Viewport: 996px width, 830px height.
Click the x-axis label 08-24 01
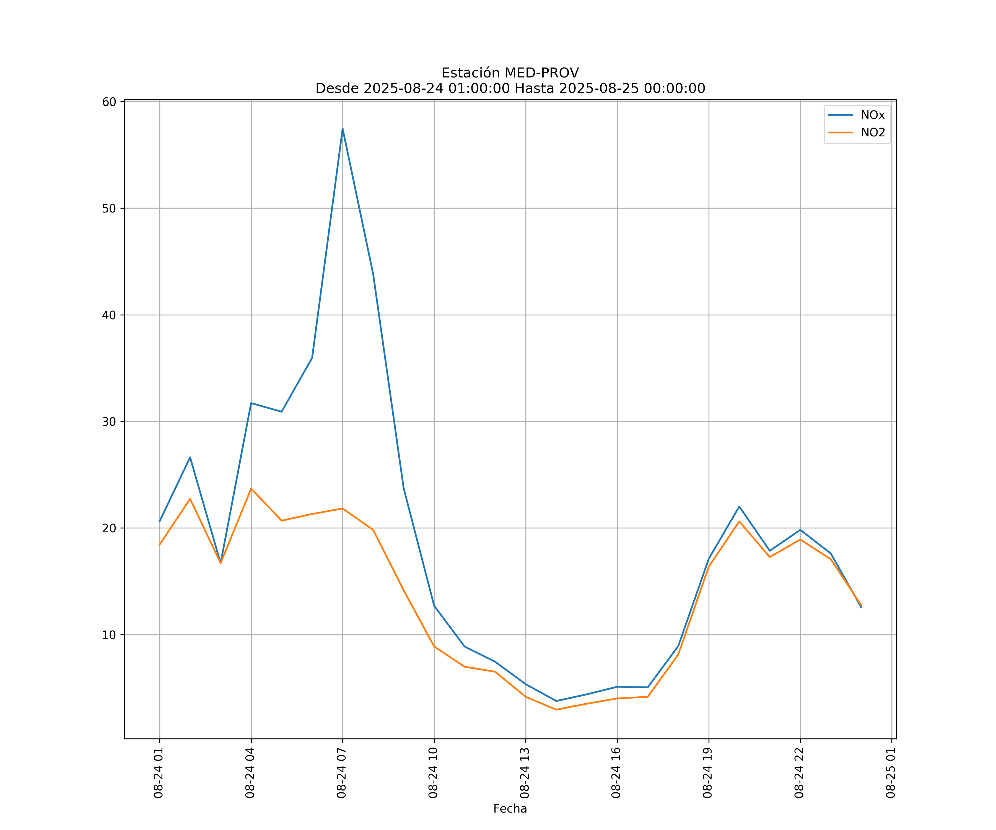pyautogui.click(x=159, y=773)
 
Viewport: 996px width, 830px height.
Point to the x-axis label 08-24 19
pyautogui.click(x=708, y=773)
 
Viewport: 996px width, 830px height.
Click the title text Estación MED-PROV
pyautogui.click(x=510, y=73)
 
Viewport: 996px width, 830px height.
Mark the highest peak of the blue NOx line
pyautogui.click(x=343, y=129)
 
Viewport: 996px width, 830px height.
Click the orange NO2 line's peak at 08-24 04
pyautogui.click(x=251, y=489)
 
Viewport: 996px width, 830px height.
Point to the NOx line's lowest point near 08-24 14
pyautogui.click(x=556, y=701)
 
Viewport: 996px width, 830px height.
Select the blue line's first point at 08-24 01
pyautogui.click(x=159, y=522)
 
